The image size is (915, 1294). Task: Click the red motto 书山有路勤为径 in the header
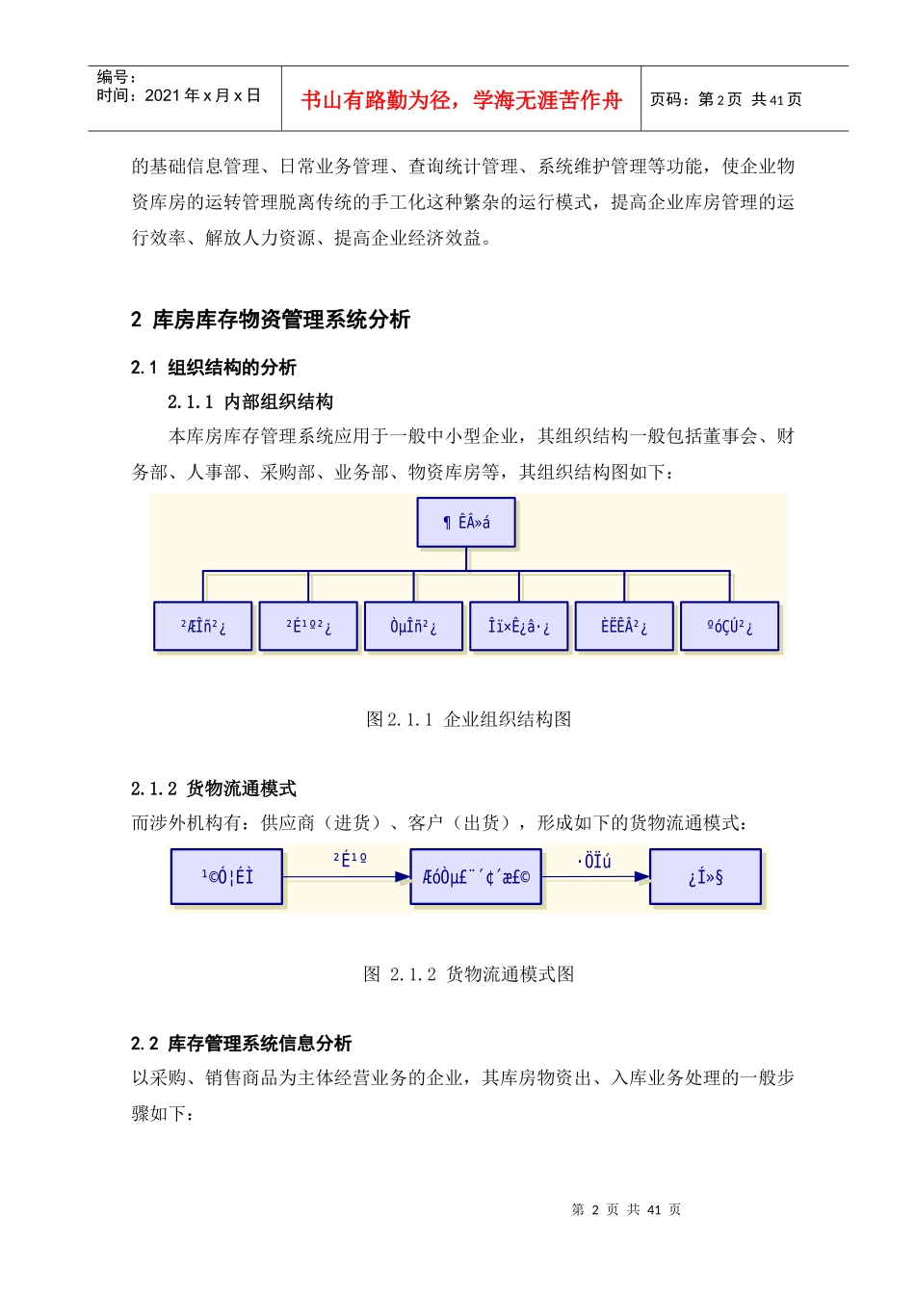461,100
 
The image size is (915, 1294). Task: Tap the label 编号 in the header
117,77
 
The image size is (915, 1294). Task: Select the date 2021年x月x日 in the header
179,95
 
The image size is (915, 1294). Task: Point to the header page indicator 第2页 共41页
725,99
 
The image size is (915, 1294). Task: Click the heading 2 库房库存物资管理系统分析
271,320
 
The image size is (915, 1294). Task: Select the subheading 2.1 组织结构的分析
214,367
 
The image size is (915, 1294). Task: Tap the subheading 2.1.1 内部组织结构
250,401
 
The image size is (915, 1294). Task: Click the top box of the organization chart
466,523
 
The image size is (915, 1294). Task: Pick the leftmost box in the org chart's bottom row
203,627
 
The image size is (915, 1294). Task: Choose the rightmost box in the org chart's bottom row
729,627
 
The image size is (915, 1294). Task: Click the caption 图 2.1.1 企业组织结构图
469,719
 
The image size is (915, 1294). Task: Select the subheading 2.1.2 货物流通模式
214,789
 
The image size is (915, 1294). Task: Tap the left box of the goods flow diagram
227,876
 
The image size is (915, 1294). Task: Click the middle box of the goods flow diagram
476,876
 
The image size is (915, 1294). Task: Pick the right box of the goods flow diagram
705,876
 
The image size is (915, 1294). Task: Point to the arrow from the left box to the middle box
347,876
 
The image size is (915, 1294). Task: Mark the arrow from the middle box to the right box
595,876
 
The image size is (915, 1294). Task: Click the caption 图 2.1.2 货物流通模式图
469,974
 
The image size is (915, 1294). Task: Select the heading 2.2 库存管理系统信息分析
242,1044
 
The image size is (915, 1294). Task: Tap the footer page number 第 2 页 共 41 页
626,1209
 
